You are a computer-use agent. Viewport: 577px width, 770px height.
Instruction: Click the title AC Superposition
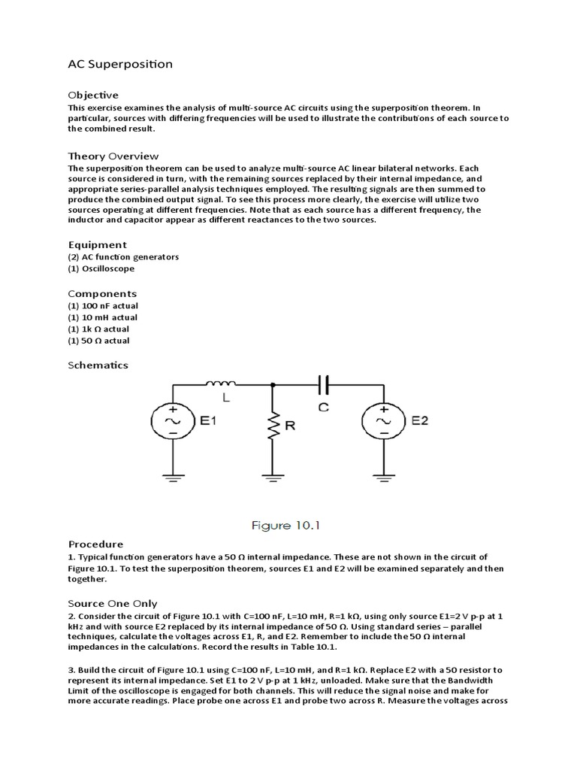coord(120,64)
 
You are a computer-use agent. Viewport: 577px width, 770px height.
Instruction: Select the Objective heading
coord(93,95)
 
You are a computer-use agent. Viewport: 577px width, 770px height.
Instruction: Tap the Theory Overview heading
coord(113,156)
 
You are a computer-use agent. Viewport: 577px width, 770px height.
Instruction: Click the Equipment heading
coord(98,244)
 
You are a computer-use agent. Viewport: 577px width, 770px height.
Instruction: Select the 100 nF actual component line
coord(103,305)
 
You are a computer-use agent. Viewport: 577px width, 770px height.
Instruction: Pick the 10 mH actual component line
coord(103,317)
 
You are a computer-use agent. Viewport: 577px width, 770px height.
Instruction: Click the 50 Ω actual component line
coord(99,341)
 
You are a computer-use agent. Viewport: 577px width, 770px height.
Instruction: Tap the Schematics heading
coord(98,365)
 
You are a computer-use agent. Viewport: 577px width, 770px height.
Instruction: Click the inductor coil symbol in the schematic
coord(221,384)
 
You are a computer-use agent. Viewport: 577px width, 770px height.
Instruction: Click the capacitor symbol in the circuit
coord(324,385)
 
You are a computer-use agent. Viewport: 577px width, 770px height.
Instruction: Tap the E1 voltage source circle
coord(174,422)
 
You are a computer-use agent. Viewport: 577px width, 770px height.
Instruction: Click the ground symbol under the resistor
coord(272,475)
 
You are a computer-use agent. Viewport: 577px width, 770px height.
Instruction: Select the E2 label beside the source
coord(419,421)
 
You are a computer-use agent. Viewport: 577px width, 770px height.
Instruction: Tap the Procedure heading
coord(95,544)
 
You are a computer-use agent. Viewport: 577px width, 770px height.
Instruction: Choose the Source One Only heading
coord(113,603)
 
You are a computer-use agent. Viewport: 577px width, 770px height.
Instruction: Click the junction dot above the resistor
coord(272,385)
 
